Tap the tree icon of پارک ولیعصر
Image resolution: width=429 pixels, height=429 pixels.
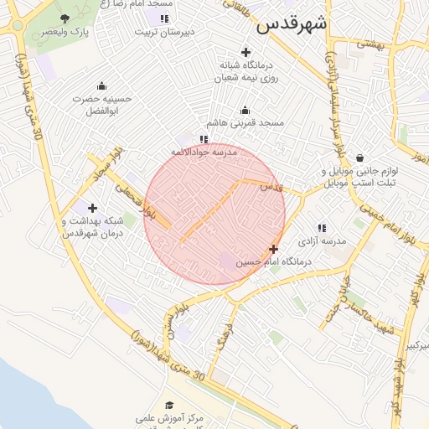pyautogui.click(x=65, y=18)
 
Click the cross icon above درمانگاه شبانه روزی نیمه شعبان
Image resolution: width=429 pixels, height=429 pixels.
pyautogui.click(x=245, y=52)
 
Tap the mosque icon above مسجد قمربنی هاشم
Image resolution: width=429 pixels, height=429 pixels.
pyautogui.click(x=245, y=110)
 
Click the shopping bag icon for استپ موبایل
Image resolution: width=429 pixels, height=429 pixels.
pyautogui.click(x=359, y=158)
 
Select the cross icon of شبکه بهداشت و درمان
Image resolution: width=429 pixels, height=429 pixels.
pyautogui.click(x=92, y=208)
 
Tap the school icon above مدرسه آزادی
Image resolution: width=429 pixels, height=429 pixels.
pyautogui.click(x=322, y=227)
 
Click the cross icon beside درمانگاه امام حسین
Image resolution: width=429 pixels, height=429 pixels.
pyautogui.click(x=273, y=249)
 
